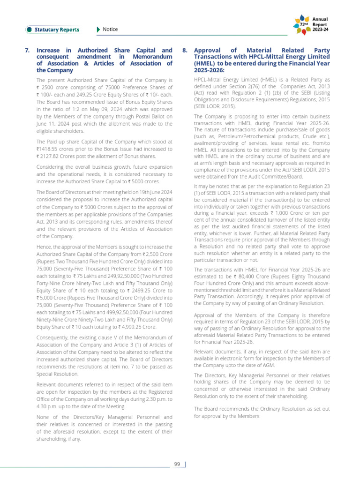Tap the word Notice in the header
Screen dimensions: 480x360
tap(110, 30)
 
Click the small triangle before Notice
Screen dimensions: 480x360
tap(98, 30)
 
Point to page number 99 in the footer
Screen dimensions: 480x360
tap(177, 464)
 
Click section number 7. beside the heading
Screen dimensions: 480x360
tap(27, 50)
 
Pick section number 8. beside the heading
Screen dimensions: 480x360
tap(185, 50)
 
